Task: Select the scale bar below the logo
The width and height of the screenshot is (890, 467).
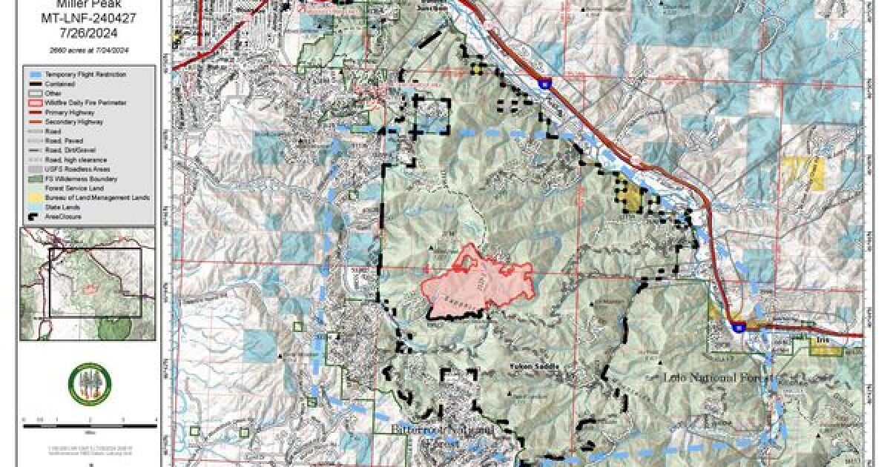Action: [89, 420]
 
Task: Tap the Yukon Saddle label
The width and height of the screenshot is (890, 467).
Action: [533, 366]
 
